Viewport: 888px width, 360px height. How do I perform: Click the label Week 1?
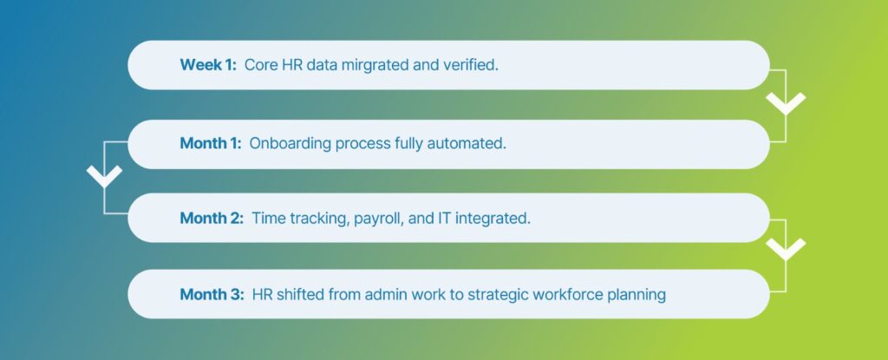click(208, 65)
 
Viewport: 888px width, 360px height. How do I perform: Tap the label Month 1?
click(211, 143)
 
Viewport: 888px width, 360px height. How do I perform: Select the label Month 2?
click(212, 219)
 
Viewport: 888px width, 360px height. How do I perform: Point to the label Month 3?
click(212, 295)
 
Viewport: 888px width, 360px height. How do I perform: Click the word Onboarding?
click(290, 144)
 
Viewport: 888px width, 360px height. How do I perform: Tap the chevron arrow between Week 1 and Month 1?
click(786, 102)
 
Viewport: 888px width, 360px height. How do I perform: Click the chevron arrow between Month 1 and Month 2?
click(104, 176)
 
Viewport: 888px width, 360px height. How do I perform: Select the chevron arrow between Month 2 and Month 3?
click(786, 249)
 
